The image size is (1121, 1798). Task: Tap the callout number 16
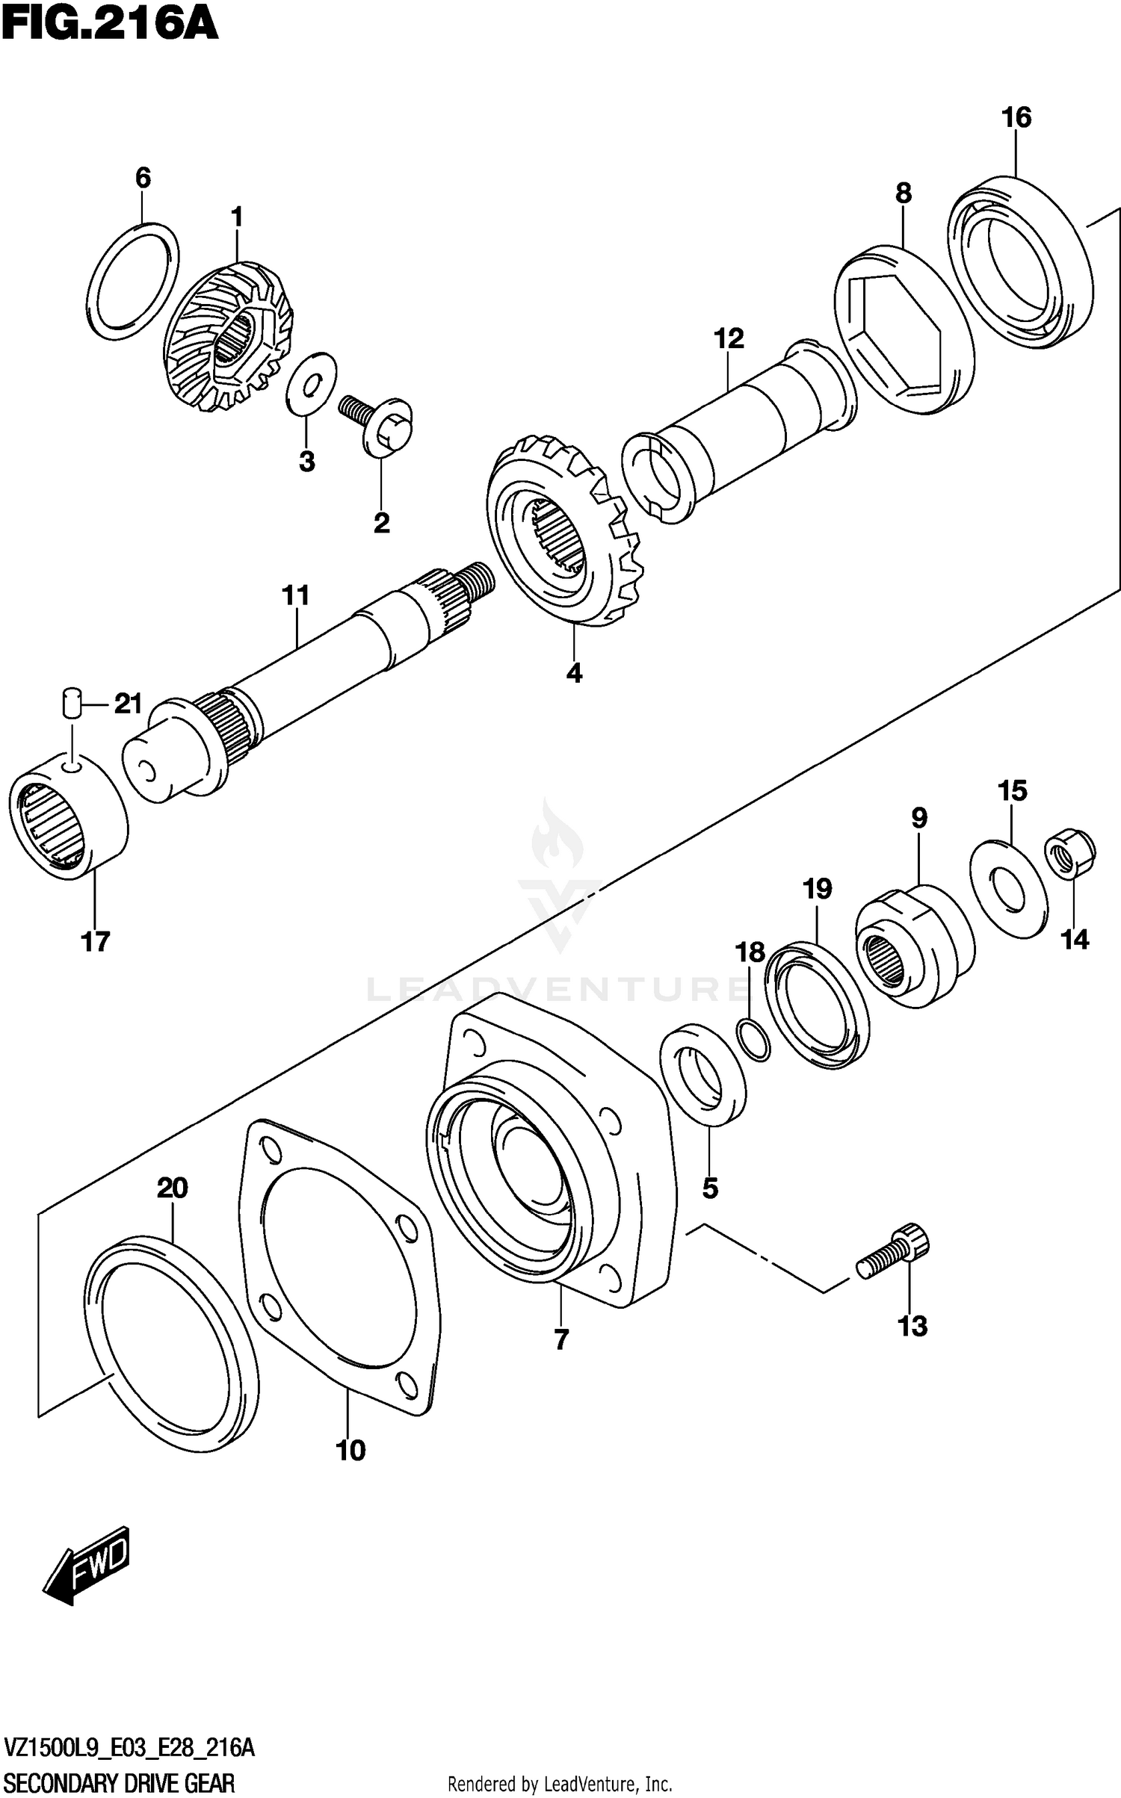pyautogui.click(x=1016, y=117)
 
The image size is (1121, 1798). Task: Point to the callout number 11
pyautogui.click(x=295, y=596)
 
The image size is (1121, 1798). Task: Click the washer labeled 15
pyautogui.click(x=1008, y=890)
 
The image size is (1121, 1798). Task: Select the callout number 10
pyautogui.click(x=350, y=1451)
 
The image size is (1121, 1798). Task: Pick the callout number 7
pyautogui.click(x=562, y=1340)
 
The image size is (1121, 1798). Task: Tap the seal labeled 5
pyautogui.click(x=703, y=1075)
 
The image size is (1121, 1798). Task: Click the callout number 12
pyautogui.click(x=729, y=338)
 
